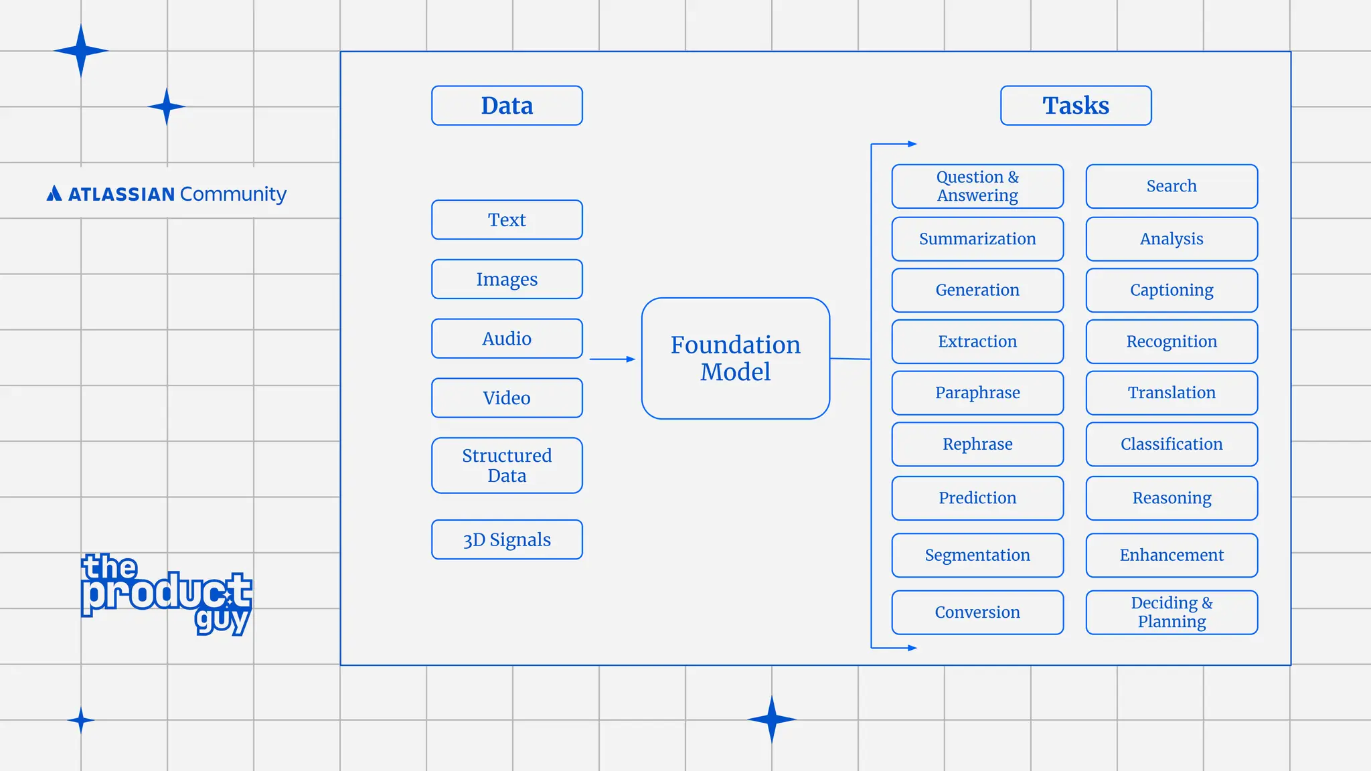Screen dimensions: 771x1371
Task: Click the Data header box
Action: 507,106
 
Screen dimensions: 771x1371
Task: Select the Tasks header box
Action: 1076,106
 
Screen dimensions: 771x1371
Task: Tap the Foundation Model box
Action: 735,359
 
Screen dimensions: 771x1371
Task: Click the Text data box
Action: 507,220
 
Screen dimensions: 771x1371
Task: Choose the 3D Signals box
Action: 507,539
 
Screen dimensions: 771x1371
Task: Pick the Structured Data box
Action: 507,466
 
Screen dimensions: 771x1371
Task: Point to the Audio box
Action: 507,339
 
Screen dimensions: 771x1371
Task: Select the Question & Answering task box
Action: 977,186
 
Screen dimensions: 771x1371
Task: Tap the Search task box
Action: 1172,186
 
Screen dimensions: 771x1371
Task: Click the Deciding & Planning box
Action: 1172,612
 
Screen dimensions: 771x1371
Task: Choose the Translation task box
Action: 1172,393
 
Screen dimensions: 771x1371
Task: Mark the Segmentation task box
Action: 977,555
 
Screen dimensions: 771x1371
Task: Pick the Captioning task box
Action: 1172,290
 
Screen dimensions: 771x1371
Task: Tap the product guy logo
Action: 166,594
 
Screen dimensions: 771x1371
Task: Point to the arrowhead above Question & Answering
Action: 912,144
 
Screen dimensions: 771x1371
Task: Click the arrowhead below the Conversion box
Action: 912,648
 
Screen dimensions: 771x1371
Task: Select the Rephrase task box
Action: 977,444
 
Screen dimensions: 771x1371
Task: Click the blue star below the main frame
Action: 771,719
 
